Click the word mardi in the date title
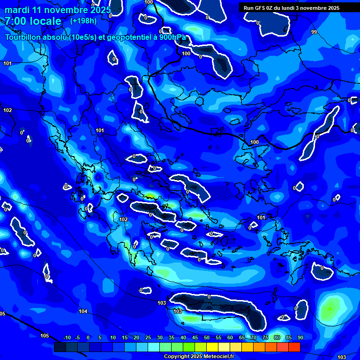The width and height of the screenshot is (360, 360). click(x=15, y=10)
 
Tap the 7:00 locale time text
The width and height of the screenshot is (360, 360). click(x=33, y=21)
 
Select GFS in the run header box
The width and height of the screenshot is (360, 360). click(x=260, y=8)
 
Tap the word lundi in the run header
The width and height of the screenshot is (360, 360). click(x=295, y=8)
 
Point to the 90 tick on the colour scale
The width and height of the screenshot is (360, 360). click(x=300, y=337)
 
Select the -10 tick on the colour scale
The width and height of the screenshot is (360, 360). click(x=67, y=337)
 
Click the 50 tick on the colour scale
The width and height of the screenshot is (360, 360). click(x=206, y=337)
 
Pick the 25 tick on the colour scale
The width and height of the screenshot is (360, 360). click(x=148, y=337)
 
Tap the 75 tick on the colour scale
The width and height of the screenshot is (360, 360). click(x=265, y=337)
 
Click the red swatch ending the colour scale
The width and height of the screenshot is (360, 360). click(x=294, y=347)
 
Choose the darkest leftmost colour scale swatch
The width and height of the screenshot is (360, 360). click(x=60, y=347)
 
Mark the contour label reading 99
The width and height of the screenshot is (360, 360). click(x=314, y=32)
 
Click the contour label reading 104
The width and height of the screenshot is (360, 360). click(x=83, y=311)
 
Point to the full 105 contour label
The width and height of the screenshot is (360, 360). click(x=45, y=336)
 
